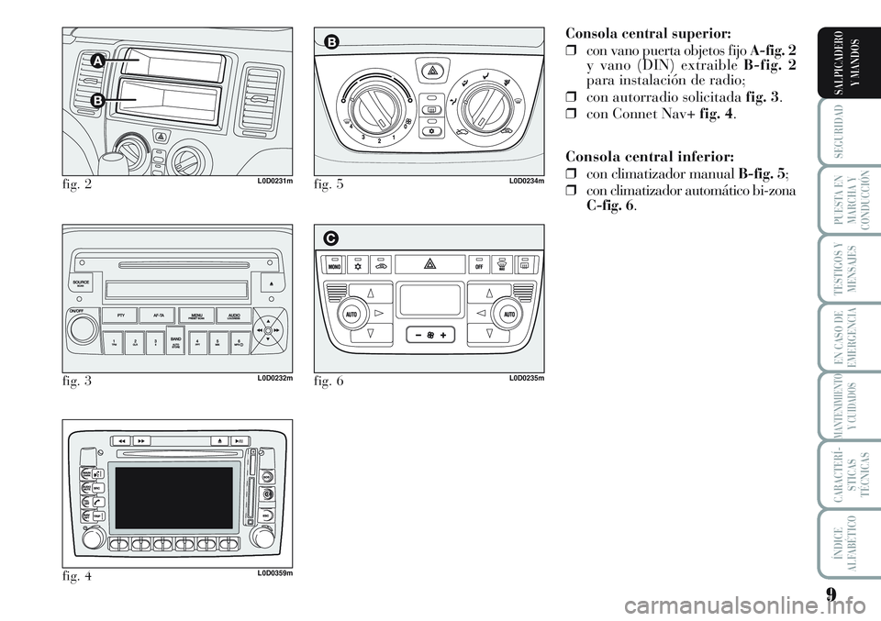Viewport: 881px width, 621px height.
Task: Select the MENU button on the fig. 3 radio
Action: click(x=195, y=316)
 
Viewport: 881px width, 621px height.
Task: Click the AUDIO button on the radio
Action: click(x=229, y=316)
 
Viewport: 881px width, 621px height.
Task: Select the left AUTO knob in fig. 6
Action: click(x=350, y=314)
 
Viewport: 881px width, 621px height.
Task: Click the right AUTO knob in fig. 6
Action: click(x=510, y=314)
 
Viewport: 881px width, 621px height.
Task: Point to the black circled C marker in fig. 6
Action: click(x=329, y=238)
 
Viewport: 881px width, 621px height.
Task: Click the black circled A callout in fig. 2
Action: click(x=98, y=61)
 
